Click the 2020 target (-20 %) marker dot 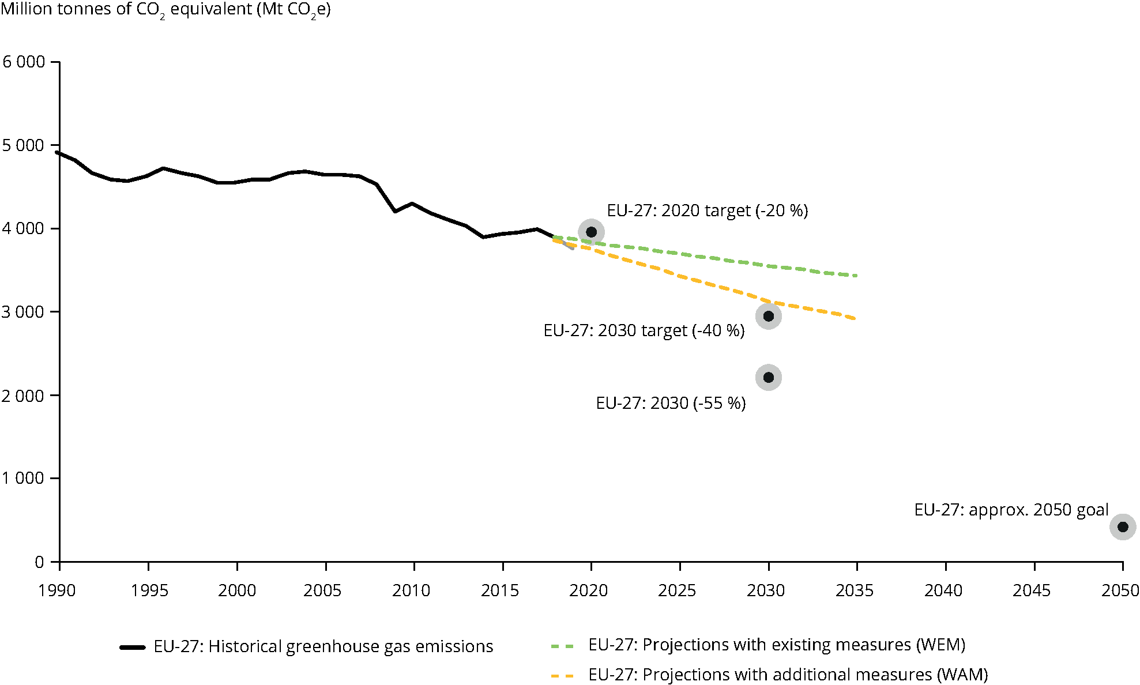tap(591, 232)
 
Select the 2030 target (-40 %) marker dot tap(768, 316)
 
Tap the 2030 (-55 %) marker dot tap(768, 378)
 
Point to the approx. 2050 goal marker tap(1123, 527)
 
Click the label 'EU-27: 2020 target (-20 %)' tap(707, 210)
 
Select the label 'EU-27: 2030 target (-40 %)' tap(644, 330)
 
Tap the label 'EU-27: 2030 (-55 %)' tap(671, 403)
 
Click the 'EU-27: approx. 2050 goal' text tap(1011, 510)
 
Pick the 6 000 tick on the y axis tap(24, 62)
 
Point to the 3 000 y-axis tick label tap(23, 312)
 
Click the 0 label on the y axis tap(39, 562)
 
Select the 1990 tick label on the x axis tap(57, 590)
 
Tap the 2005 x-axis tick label tap(322, 590)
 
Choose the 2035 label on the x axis tap(855, 590)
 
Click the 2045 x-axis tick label tap(1032, 590)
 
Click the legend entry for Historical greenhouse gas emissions tap(323, 647)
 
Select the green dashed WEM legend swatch tap(563, 646)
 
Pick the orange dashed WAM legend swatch tap(563, 675)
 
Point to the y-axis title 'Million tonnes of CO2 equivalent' tap(165, 10)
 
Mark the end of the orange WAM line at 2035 tap(856, 319)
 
